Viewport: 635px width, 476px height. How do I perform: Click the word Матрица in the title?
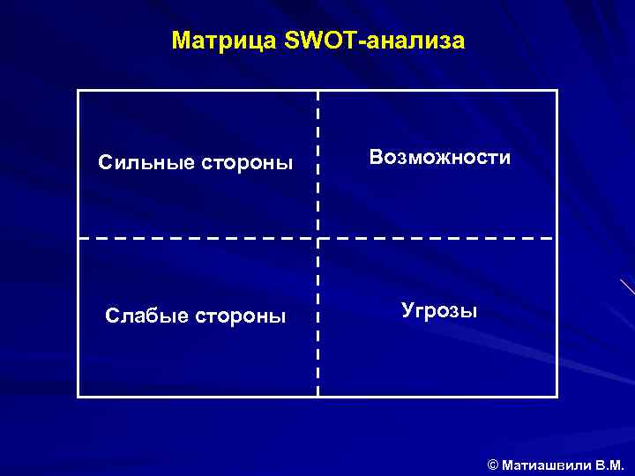[x=225, y=41]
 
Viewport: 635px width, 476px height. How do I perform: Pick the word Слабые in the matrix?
[x=141, y=316]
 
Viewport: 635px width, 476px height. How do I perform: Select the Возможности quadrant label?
[x=440, y=158]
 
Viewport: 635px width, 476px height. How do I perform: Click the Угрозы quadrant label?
[x=439, y=310]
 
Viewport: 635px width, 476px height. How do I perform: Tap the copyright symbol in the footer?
[x=492, y=464]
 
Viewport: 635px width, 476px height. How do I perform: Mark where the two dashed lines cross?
[x=318, y=238]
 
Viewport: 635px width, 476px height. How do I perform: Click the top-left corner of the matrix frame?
[x=78, y=91]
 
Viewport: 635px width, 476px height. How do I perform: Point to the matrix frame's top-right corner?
[x=557, y=91]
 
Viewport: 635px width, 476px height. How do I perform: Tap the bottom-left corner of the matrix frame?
[x=78, y=397]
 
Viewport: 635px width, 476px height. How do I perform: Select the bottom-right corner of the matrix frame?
[x=557, y=397]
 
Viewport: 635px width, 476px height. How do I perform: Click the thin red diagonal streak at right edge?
[x=627, y=286]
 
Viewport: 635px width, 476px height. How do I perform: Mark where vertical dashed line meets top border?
[x=318, y=91]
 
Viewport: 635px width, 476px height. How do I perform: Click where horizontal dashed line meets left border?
[x=78, y=238]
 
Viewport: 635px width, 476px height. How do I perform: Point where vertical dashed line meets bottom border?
[x=318, y=397]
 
